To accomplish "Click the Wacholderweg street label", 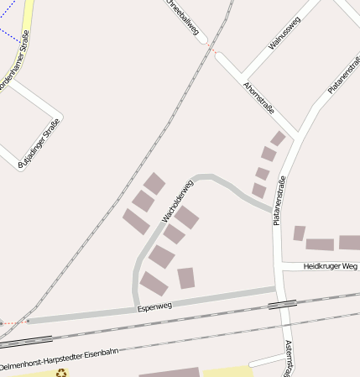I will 178,202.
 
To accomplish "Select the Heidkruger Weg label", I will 330,266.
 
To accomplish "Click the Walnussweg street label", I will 284,34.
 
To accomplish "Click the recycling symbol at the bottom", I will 60,373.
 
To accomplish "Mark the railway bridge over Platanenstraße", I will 282,304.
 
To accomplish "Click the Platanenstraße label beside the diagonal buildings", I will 279,201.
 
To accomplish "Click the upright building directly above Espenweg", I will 186,278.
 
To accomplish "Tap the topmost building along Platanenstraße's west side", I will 278,138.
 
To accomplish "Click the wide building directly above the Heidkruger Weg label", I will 320,244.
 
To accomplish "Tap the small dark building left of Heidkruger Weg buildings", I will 299,233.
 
